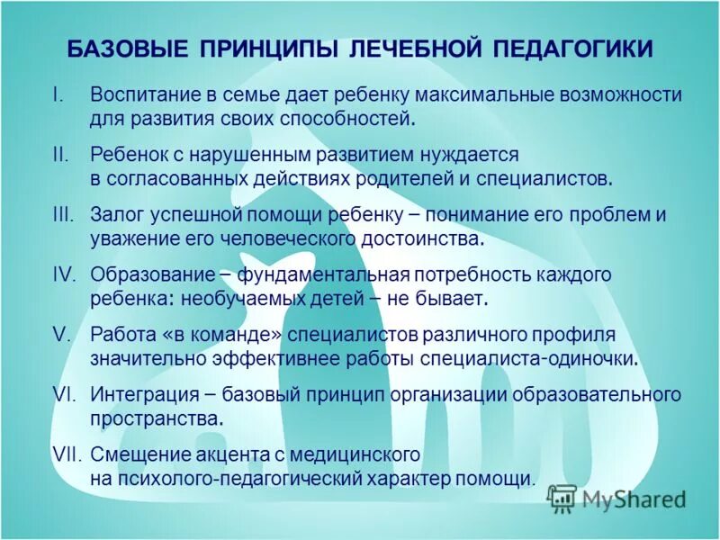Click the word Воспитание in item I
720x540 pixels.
click(x=142, y=95)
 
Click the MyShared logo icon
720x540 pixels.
click(x=562, y=498)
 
